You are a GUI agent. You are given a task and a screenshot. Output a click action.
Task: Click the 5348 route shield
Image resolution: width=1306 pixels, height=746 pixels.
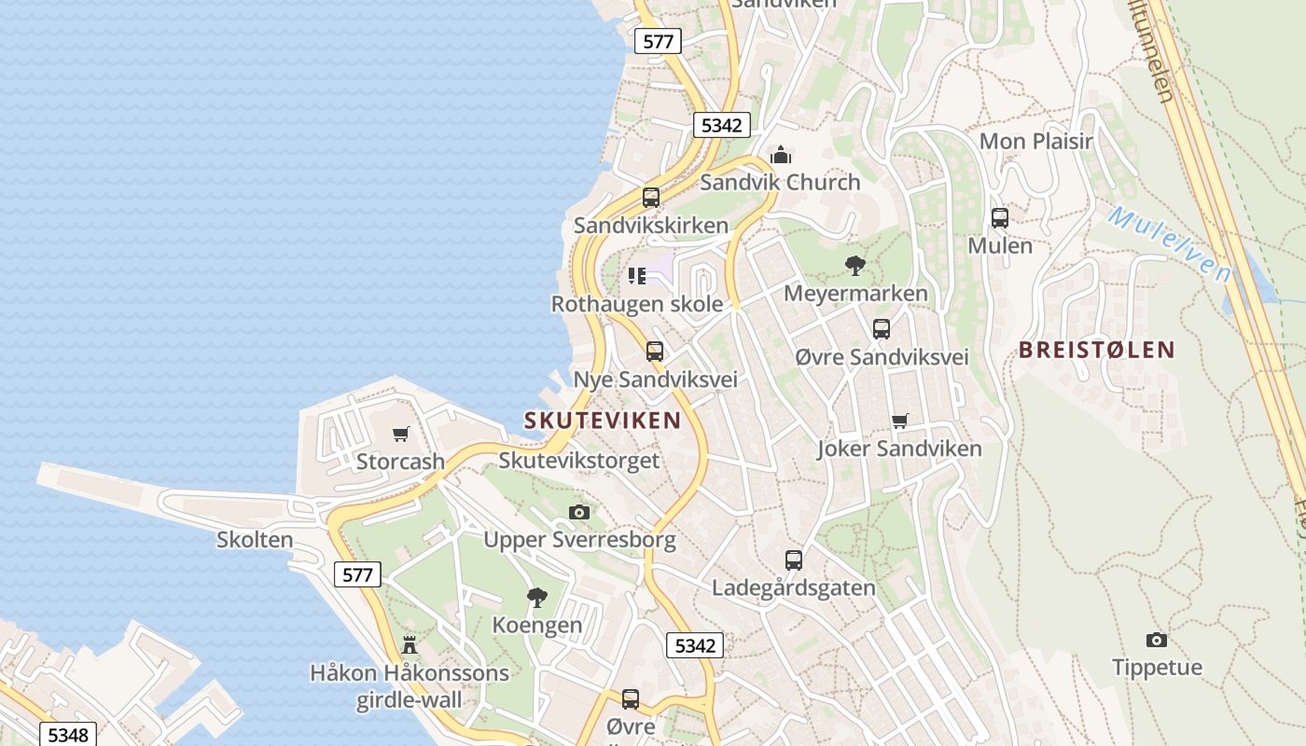point(67,735)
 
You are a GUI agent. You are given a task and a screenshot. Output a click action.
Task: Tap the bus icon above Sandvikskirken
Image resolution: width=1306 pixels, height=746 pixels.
point(651,198)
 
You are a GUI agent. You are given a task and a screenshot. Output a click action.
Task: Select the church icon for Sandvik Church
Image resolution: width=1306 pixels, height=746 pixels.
point(781,155)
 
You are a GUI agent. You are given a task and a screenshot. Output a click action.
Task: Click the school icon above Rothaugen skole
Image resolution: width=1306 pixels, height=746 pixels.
point(637,276)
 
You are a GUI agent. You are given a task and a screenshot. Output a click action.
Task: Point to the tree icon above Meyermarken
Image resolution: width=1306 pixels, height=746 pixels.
point(854,266)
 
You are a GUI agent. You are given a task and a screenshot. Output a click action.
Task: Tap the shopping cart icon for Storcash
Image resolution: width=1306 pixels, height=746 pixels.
point(401,434)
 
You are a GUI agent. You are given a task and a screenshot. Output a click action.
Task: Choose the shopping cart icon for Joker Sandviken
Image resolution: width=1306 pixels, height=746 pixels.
point(899,421)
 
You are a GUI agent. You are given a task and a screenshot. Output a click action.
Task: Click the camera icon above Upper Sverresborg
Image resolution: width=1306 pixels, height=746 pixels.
point(579,512)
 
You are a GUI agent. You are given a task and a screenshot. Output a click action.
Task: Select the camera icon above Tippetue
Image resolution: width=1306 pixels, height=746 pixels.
point(1157,640)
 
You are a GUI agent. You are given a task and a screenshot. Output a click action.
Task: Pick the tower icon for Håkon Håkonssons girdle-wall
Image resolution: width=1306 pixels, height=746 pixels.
point(409,644)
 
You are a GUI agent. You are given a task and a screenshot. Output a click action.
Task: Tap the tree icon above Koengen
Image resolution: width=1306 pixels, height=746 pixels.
point(536,597)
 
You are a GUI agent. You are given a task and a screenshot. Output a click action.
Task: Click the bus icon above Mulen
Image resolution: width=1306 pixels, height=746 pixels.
point(1000,218)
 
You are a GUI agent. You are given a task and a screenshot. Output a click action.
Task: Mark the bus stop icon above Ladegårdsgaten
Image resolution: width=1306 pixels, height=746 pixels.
point(793,559)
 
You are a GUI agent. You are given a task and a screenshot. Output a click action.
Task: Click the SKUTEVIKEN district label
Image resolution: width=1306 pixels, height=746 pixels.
point(603,421)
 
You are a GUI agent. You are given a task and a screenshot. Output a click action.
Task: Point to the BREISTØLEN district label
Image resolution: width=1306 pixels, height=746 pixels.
point(1096,351)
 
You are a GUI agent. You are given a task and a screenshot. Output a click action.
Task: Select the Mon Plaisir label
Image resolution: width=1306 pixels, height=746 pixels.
point(1035,142)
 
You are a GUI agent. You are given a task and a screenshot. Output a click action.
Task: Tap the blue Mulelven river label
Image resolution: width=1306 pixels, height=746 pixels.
point(1170,244)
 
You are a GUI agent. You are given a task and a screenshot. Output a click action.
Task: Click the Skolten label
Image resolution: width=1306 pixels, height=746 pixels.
point(255,540)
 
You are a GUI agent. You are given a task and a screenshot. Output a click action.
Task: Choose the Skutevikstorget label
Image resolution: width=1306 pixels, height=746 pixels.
point(578,461)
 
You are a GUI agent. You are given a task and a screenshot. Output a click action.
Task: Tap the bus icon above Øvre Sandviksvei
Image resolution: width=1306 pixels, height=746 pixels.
point(882,329)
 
